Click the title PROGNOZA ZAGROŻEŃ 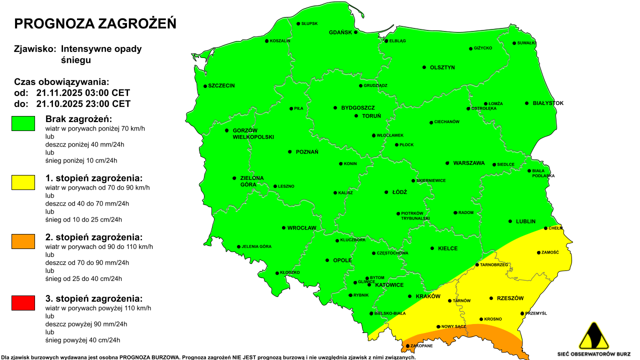click(95, 23)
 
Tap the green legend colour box click(23, 123)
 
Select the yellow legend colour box click(23, 182)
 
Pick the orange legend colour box click(23, 241)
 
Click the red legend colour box click(23, 303)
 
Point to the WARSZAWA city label click(468, 163)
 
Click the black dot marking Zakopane click(408, 346)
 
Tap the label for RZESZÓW click(510, 298)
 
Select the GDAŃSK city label click(340, 32)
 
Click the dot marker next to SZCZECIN click(205, 86)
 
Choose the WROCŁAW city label click(301, 228)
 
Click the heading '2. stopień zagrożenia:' click(93, 237)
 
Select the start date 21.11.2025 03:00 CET click(83, 93)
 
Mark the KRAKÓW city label click(427, 296)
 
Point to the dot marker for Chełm click(546, 228)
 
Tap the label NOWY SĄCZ click(454, 326)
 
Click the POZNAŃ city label click(306, 152)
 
